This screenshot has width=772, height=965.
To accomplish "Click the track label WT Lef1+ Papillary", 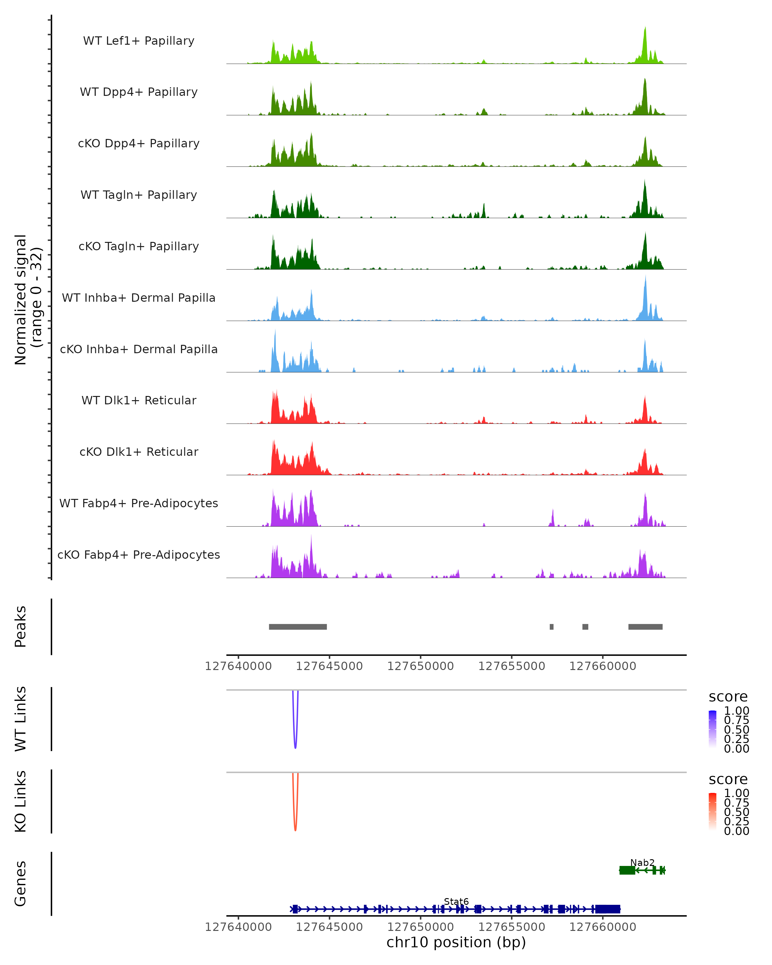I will [x=139, y=41].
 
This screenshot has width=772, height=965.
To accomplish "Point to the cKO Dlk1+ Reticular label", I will [x=139, y=452].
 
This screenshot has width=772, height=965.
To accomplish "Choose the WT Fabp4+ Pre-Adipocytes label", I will [x=139, y=503].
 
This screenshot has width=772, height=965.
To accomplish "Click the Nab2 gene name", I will [x=642, y=862].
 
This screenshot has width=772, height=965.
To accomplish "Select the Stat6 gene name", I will [x=456, y=901].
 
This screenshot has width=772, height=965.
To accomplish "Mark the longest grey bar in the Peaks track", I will [x=298, y=627].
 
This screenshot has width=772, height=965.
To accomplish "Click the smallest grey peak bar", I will [x=551, y=627].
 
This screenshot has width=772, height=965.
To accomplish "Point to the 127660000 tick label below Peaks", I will [x=602, y=666].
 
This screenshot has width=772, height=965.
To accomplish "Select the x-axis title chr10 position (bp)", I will [x=456, y=942].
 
